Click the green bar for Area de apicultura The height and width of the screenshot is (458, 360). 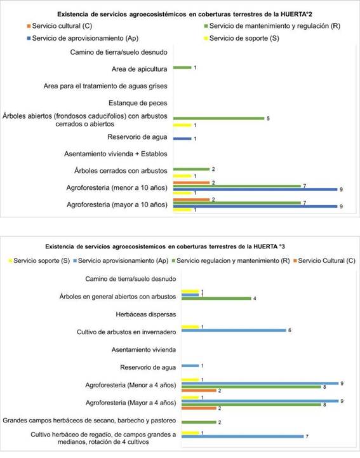(x=182, y=68)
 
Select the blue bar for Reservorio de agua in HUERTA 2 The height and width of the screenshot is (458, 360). (x=182, y=138)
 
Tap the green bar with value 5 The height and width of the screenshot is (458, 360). (x=218, y=118)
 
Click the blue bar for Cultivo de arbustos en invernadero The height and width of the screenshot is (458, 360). (x=234, y=330)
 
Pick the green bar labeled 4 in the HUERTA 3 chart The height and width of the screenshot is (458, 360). (x=217, y=298)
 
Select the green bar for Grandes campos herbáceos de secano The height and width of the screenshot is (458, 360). (x=199, y=422)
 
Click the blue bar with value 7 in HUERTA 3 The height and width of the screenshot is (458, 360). (x=243, y=436)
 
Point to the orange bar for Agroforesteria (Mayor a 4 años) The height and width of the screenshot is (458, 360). (x=199, y=408)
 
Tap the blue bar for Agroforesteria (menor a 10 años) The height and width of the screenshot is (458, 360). (x=255, y=189)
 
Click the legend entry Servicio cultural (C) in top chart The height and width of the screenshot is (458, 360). (x=60, y=26)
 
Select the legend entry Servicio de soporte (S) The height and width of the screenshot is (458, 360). (x=241, y=38)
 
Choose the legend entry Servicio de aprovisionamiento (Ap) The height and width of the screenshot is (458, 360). (x=83, y=38)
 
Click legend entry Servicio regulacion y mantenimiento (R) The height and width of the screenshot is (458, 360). (x=230, y=260)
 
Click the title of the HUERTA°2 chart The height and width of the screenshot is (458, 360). (x=185, y=14)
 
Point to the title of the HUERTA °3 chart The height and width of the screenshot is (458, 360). (x=165, y=246)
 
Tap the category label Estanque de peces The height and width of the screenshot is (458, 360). (x=138, y=103)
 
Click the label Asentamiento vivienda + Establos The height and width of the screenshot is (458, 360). (x=116, y=154)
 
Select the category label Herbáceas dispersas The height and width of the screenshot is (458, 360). (x=146, y=314)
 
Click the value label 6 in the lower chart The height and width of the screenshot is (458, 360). (x=290, y=330)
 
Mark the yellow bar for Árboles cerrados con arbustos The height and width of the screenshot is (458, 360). (x=182, y=176)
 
